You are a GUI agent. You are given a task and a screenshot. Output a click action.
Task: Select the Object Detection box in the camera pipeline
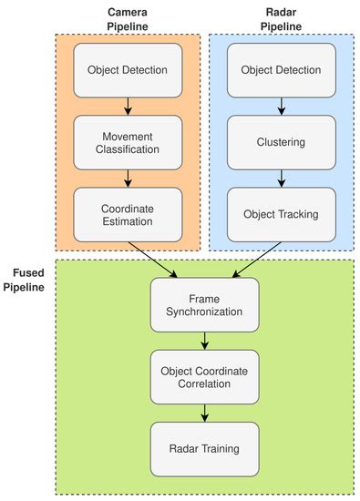129,70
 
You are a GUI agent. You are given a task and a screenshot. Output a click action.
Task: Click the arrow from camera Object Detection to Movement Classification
129,106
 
